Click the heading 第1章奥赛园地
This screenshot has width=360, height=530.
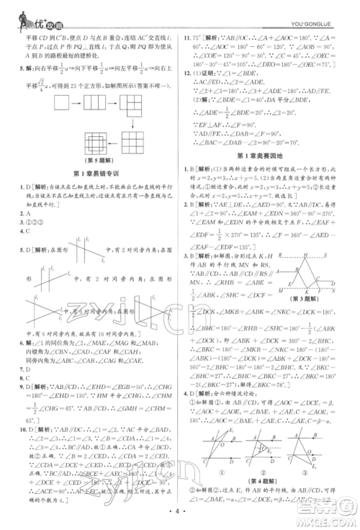[x=267, y=156]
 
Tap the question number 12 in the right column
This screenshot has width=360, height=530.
[x=189, y=73]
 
